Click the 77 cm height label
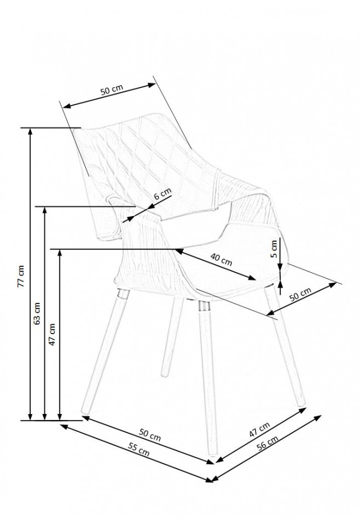click(x=21, y=276)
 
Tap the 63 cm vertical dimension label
click(x=37, y=313)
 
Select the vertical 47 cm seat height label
click(x=52, y=334)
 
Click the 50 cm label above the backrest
click(x=112, y=90)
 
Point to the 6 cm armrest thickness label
click(x=162, y=194)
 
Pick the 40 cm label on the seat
click(x=221, y=259)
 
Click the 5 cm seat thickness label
click(x=274, y=248)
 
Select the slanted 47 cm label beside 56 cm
click(x=259, y=430)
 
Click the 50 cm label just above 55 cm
click(x=150, y=435)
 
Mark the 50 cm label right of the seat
click(x=300, y=295)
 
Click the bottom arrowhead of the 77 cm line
click(x=31, y=417)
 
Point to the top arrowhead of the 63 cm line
click(x=44, y=210)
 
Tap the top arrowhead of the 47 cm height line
click(x=60, y=253)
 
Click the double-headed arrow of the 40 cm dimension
click(x=215, y=264)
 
